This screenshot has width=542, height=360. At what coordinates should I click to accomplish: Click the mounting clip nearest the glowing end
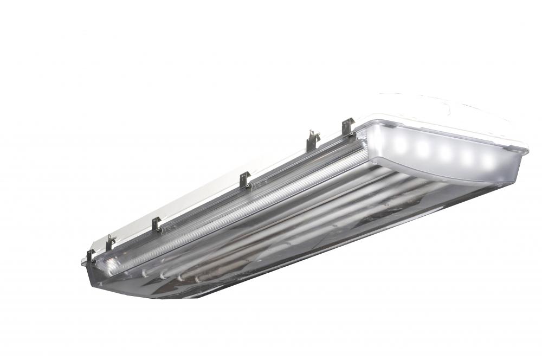pyautogui.click(x=347, y=127)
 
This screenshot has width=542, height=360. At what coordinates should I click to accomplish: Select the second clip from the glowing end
pyautogui.click(x=312, y=140)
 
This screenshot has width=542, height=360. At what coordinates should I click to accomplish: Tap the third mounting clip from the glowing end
pyautogui.click(x=245, y=179)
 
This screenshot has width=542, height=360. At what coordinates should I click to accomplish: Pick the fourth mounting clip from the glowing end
pyautogui.click(x=156, y=223)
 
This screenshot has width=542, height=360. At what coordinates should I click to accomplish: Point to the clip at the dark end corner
pyautogui.click(x=90, y=256)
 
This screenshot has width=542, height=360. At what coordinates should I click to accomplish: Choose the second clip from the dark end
pyautogui.click(x=110, y=242)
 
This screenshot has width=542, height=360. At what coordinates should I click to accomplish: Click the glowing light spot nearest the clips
pyautogui.click(x=401, y=144)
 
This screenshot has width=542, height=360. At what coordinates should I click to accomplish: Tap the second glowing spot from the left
pyautogui.click(x=423, y=148)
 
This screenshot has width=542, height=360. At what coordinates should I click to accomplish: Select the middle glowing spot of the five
pyautogui.click(x=446, y=152)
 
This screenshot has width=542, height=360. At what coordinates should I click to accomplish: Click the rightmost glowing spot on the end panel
pyautogui.click(x=488, y=160)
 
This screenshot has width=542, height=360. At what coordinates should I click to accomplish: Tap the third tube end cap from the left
pyautogui.click(x=180, y=277)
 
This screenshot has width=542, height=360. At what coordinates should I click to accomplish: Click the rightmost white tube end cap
pyautogui.click(x=198, y=279)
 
